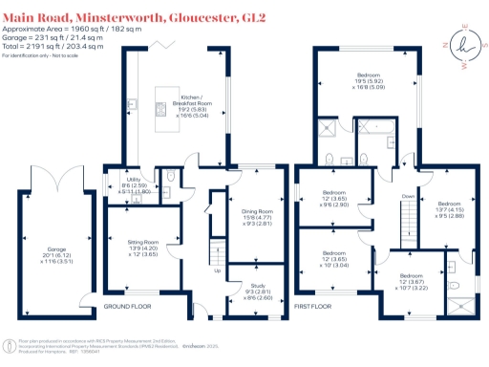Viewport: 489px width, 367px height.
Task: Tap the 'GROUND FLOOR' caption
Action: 128,306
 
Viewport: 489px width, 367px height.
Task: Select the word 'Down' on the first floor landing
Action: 408,197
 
